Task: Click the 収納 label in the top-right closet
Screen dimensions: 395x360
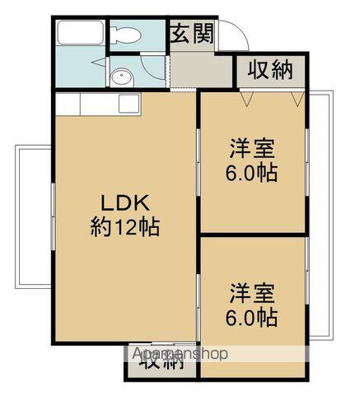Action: click(271, 71)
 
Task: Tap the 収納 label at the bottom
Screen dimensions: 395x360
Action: click(161, 361)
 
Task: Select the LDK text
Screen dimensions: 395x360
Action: click(124, 202)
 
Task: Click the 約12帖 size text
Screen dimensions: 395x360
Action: click(124, 226)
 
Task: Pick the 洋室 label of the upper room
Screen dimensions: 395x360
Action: click(252, 151)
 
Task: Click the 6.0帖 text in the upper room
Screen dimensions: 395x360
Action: click(253, 173)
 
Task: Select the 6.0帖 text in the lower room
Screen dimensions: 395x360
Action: click(253, 317)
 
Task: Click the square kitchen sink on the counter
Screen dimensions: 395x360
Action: click(129, 105)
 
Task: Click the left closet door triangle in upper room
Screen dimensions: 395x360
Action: click(245, 97)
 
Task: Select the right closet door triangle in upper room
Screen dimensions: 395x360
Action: click(297, 97)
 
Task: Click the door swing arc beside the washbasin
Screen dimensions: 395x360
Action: click(98, 67)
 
